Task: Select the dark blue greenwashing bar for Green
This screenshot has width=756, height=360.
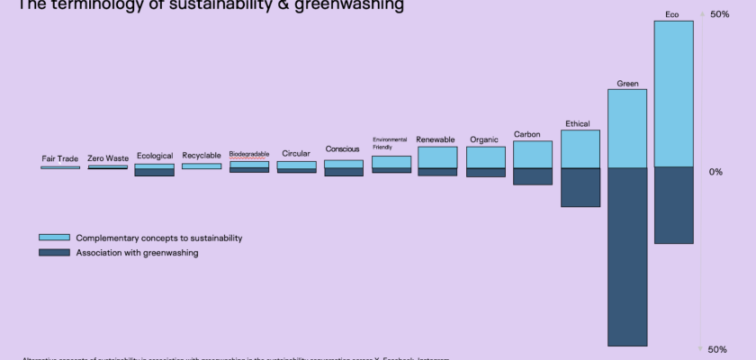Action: (627, 256)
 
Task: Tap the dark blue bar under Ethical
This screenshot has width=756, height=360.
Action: (580, 187)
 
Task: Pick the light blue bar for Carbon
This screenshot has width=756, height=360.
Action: (533, 155)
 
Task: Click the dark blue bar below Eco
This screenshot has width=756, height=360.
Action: (673, 205)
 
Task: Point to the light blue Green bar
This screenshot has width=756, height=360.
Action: (627, 129)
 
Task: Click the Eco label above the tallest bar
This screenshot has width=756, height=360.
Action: (672, 14)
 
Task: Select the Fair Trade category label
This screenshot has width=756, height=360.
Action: (60, 158)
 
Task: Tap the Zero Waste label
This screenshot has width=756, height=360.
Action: (108, 158)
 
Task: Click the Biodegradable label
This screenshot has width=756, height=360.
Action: (249, 154)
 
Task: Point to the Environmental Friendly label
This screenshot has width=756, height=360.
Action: (390, 143)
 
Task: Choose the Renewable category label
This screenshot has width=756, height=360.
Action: (436, 139)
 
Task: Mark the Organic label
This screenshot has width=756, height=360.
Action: (484, 139)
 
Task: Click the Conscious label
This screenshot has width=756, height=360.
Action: (343, 149)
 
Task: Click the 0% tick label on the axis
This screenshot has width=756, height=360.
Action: (715, 172)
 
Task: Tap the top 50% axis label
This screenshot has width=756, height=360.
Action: (719, 15)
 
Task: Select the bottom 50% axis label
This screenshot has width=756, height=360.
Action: (717, 349)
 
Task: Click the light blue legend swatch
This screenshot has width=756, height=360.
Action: (54, 238)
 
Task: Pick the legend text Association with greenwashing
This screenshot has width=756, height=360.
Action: (137, 253)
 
